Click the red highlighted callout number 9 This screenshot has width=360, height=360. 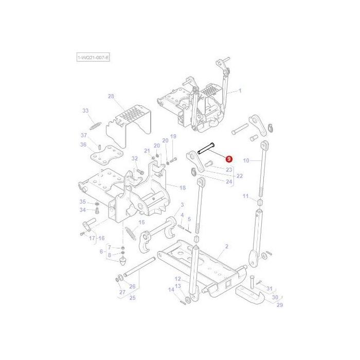coord(228,161)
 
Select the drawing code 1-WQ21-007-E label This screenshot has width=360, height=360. coord(93,58)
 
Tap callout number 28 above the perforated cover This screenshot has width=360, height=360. coord(111,96)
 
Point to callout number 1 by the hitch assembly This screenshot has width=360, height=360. coord(240,91)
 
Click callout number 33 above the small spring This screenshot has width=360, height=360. coord(85,111)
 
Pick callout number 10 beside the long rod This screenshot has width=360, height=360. coord(246,160)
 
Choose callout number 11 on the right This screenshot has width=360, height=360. coord(246,196)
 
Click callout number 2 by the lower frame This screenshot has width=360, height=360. coord(225,247)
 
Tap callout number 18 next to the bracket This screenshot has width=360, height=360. coord(182,188)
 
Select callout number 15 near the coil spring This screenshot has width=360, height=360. coord(142,223)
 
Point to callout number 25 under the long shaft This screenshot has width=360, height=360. coord(132,298)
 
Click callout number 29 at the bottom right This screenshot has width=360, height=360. coord(280,305)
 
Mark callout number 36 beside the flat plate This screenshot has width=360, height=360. coord(83,145)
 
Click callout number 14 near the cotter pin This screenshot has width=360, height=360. coord(171,290)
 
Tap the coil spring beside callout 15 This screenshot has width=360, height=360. coord(131,237)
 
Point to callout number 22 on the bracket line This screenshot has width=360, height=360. coord(240,176)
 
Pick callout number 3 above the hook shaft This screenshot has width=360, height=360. coord(182,205)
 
